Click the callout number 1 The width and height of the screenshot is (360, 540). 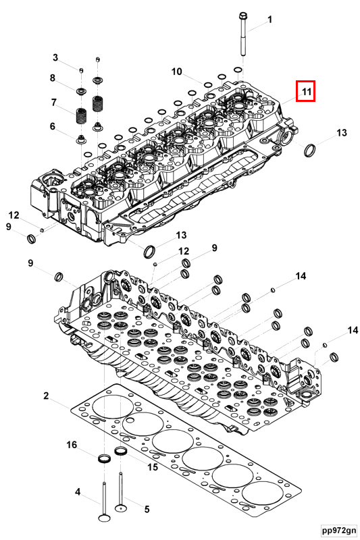[269, 20]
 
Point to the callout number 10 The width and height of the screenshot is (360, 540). [176, 72]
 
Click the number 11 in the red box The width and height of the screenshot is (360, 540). [305, 90]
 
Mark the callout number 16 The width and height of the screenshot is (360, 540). [72, 445]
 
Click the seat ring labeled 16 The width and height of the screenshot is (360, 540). [105, 460]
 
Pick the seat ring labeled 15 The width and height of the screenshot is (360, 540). [122, 451]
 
